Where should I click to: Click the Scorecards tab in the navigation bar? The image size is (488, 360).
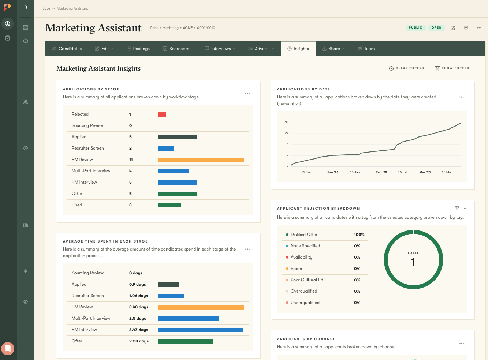[x=177, y=49]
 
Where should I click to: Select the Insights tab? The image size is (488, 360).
[x=298, y=49]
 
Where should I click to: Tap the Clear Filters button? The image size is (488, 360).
[x=406, y=68]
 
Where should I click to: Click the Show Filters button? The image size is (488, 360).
[x=452, y=68]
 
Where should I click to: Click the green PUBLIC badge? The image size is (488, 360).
[x=416, y=28]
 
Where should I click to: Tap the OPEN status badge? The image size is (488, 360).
[x=436, y=28]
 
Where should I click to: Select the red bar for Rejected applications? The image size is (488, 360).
[x=162, y=115]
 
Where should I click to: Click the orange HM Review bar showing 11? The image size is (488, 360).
[x=201, y=160]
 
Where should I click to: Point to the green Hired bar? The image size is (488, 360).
[x=170, y=205]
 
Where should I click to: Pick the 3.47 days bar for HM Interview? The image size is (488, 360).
[x=200, y=330]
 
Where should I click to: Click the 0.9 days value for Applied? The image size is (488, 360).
[x=138, y=285]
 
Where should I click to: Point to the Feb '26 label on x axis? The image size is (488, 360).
[x=381, y=172]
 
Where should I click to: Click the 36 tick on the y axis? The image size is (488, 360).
[x=287, y=122]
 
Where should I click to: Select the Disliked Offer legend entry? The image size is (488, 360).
[x=304, y=235]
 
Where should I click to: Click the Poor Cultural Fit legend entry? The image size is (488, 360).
[x=306, y=280]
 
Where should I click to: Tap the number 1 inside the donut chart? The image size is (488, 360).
[x=413, y=262]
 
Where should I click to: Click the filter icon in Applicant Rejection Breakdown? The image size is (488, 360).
[x=457, y=209]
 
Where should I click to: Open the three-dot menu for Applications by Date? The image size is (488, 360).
[x=462, y=97]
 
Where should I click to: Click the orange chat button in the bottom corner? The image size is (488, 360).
[x=8, y=349]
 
